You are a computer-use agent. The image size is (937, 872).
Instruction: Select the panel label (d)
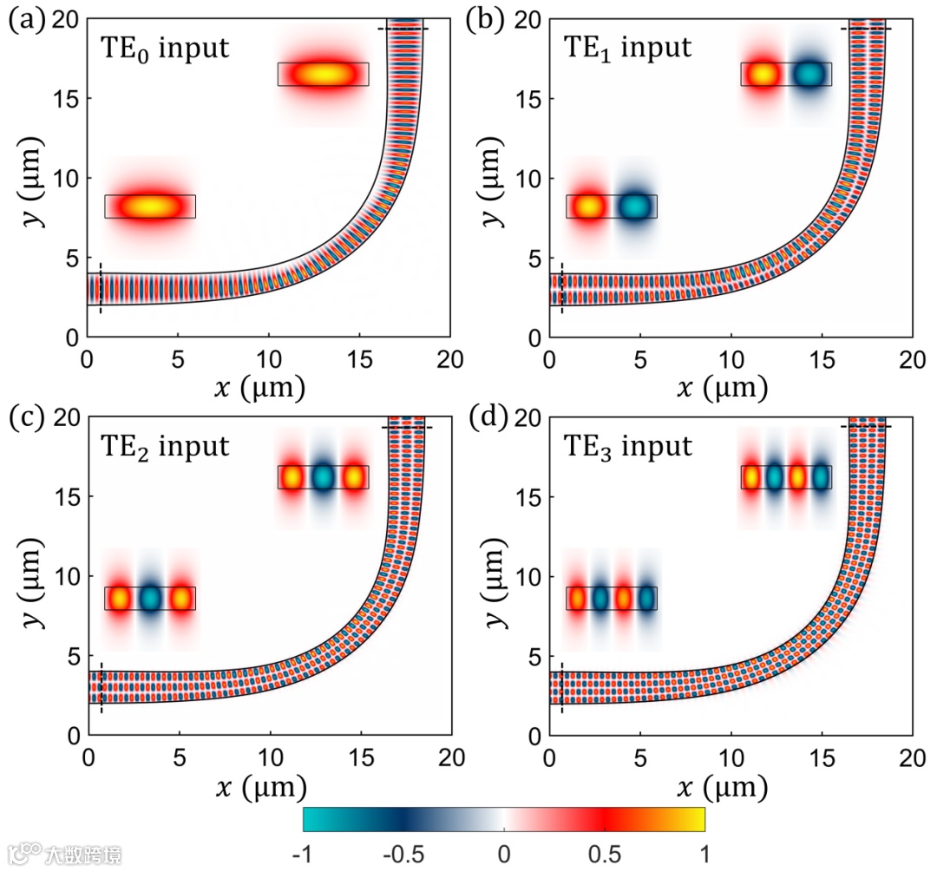click(484, 419)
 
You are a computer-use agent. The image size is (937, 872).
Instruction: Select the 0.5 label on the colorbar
click(605, 855)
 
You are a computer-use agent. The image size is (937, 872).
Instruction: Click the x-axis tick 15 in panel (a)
click(359, 357)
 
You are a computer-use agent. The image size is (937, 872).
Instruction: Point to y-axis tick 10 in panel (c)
click(66, 576)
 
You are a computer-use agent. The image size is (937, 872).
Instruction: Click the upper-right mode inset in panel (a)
click(323, 75)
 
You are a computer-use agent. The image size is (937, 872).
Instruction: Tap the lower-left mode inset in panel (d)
click(612, 599)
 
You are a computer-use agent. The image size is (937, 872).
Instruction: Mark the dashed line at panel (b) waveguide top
click(865, 29)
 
